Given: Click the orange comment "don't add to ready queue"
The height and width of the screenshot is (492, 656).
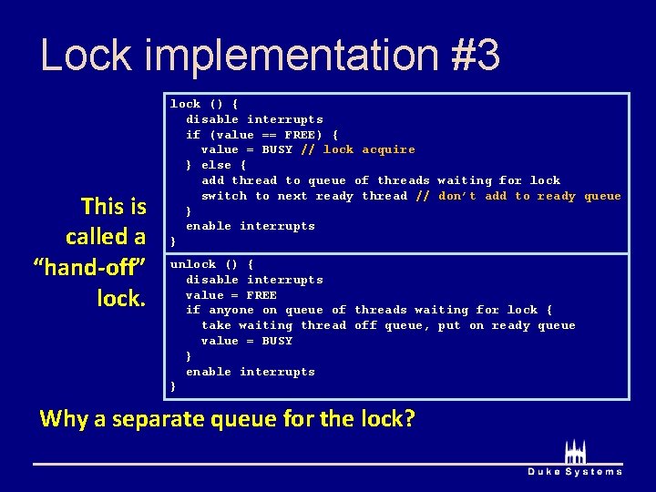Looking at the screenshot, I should tap(529, 196).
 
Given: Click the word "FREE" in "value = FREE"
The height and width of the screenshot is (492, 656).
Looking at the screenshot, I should tap(261, 295).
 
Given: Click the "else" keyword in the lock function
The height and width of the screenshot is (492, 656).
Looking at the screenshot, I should tap(216, 165).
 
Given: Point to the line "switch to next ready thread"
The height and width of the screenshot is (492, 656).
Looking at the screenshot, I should tap(304, 196).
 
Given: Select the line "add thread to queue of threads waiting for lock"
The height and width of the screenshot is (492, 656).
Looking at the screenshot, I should tap(381, 180).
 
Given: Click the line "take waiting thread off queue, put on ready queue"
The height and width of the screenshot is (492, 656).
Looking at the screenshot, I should tap(388, 325).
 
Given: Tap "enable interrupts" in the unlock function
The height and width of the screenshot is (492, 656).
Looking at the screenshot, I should tap(251, 372).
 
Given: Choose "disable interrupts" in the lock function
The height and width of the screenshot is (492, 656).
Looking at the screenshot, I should tap(254, 119).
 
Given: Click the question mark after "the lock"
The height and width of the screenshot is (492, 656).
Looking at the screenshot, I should tap(409, 419).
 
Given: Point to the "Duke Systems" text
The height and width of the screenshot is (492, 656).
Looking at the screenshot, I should tap(575, 471).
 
